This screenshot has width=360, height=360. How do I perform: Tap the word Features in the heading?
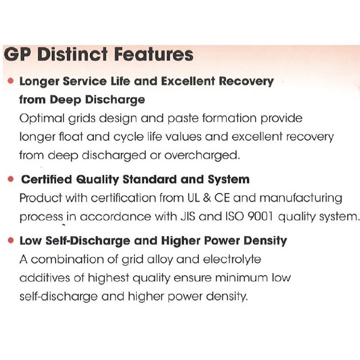pos(153,54)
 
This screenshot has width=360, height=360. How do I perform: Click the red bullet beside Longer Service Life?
pos(10,81)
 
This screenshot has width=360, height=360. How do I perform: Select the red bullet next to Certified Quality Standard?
pos(10,179)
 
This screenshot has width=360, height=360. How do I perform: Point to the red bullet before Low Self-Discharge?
pos(10,240)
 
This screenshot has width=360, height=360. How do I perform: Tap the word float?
pos(71,137)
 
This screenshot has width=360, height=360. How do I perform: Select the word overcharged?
pos(202,155)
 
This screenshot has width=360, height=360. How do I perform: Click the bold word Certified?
pos(47,179)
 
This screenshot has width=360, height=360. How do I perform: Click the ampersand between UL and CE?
pos(207,198)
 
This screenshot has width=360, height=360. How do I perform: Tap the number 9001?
pos(261,216)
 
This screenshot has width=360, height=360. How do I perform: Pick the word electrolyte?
pos(232,260)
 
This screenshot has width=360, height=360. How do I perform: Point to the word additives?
pos(45,278)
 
